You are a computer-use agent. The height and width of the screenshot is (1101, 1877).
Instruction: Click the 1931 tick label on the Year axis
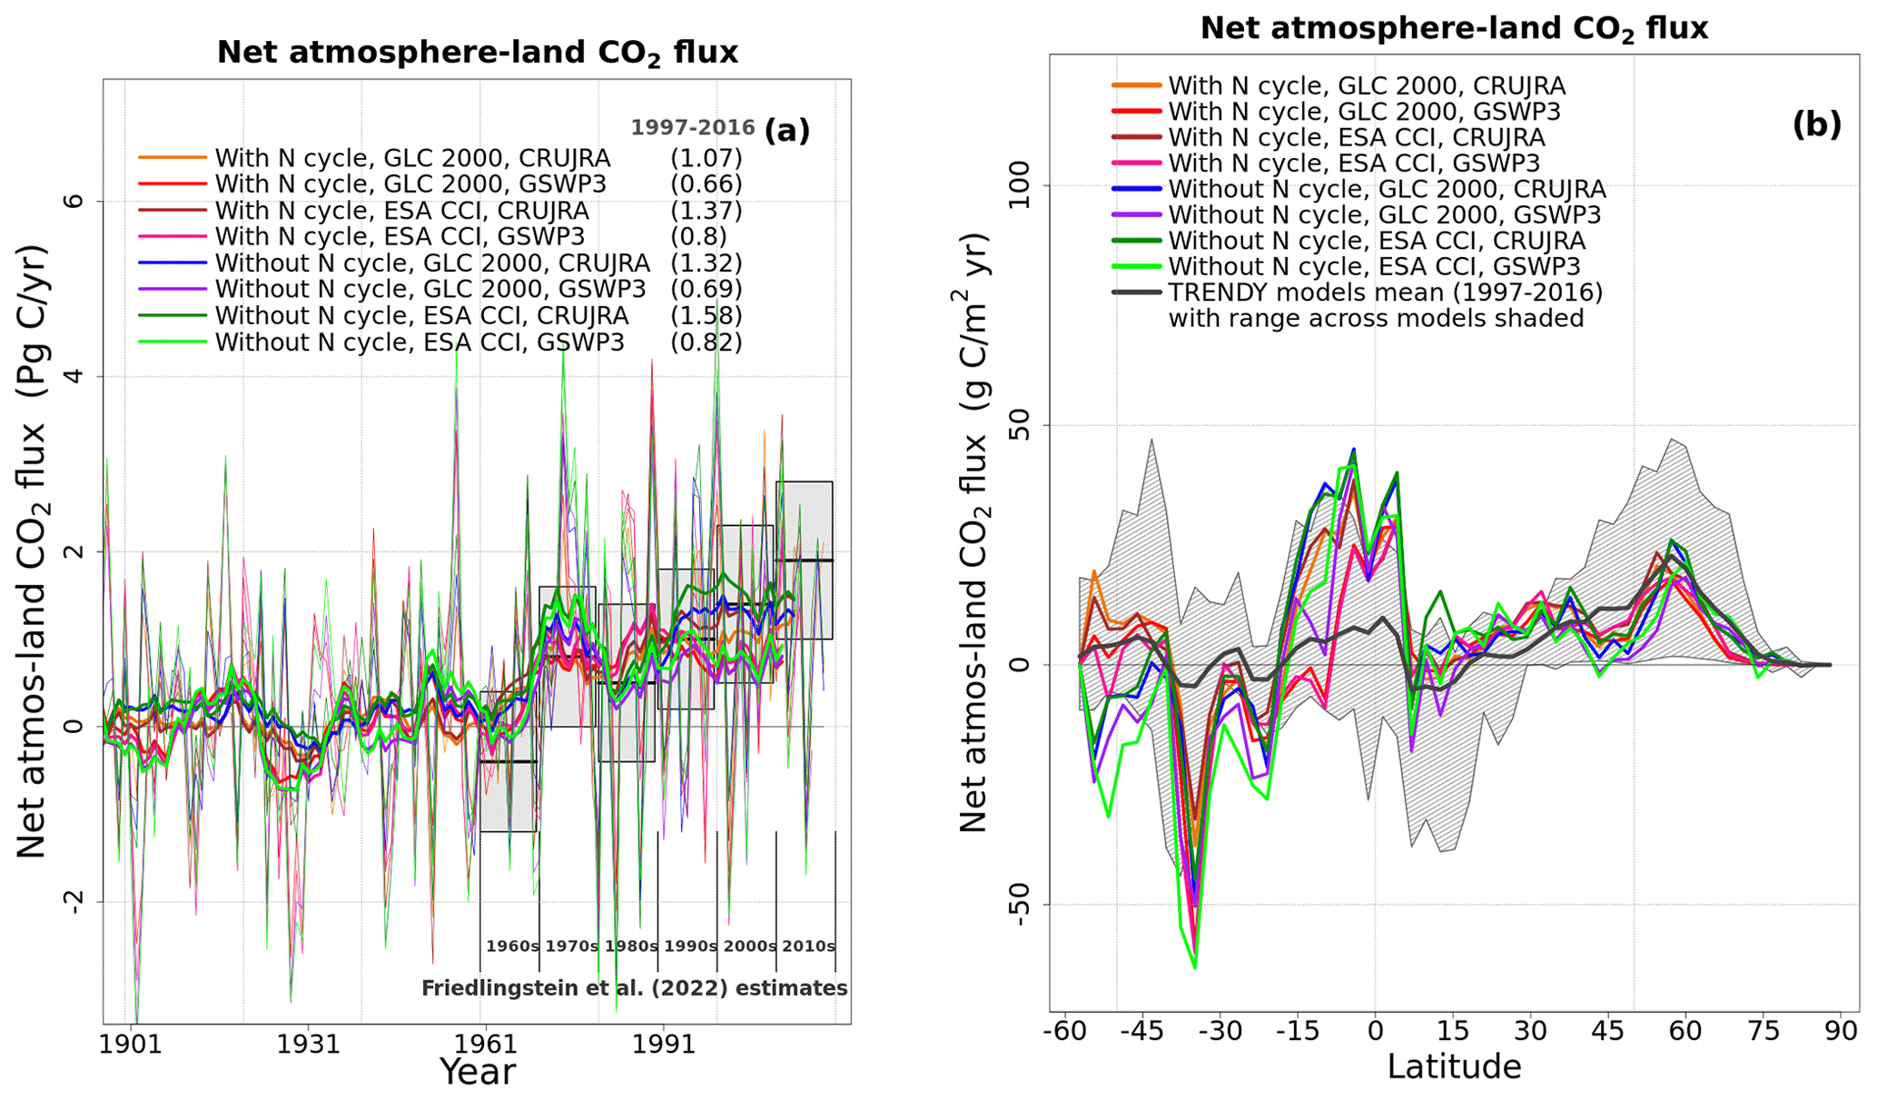pyautogui.click(x=309, y=1044)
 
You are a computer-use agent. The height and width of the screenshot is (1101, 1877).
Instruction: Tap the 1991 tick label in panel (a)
pyautogui.click(x=664, y=1044)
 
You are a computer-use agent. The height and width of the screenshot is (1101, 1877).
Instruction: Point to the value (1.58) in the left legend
pyautogui.click(x=706, y=316)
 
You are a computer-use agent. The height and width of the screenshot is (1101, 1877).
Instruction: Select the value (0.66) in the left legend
pyautogui.click(x=706, y=184)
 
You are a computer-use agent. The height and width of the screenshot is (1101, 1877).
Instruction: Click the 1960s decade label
pyautogui.click(x=512, y=947)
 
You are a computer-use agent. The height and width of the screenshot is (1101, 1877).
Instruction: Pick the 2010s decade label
pyautogui.click(x=808, y=947)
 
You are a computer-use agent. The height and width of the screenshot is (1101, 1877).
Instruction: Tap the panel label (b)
pyautogui.click(x=1816, y=124)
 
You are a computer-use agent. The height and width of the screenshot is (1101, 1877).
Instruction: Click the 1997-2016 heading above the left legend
pyautogui.click(x=693, y=128)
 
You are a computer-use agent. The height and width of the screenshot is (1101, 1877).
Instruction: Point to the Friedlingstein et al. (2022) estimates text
pyautogui.click(x=634, y=988)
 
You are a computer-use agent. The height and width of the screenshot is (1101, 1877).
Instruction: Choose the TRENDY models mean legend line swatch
pyautogui.click(x=1136, y=293)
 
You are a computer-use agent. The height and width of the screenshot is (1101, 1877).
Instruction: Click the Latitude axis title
pyautogui.click(x=1454, y=1066)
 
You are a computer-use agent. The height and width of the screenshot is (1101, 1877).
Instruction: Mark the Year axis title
pyautogui.click(x=478, y=1072)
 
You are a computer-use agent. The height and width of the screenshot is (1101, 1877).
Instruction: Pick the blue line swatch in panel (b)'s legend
pyautogui.click(x=1136, y=189)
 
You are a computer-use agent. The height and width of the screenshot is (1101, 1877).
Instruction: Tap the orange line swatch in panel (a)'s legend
pyautogui.click(x=173, y=158)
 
